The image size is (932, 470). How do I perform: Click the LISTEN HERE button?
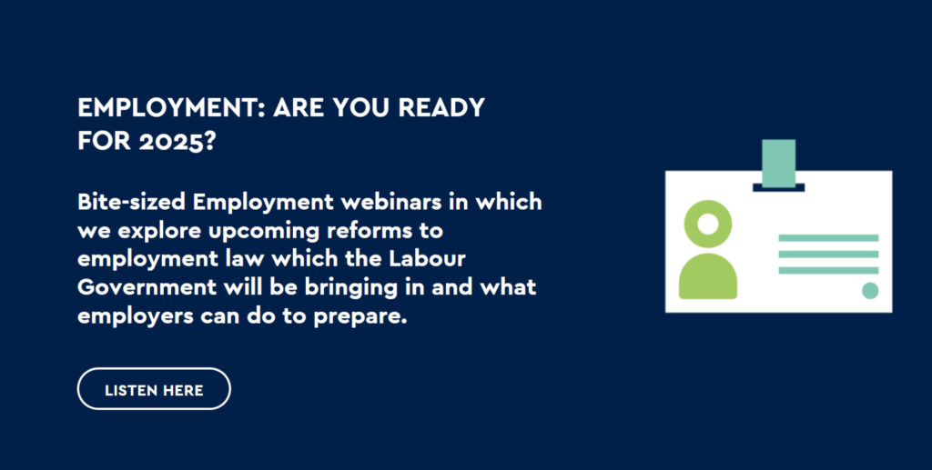coord(154,389)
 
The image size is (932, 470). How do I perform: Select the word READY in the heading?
coord(441,107)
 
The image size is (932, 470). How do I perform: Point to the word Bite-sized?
coord(131,202)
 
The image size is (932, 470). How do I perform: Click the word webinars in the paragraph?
coord(391,202)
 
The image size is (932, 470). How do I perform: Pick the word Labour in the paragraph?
coord(428,259)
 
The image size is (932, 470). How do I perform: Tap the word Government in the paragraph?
coord(147,287)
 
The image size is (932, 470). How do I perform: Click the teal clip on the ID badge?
coord(779,164)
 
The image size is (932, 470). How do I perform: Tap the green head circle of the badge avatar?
coord(708,224)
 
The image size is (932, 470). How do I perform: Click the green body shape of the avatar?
coord(708,276)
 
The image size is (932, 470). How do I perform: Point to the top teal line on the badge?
coord(828,238)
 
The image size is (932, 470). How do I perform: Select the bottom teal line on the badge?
coord(828,271)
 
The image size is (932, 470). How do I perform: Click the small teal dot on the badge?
coord(870,291)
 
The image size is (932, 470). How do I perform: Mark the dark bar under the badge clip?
coord(779,187)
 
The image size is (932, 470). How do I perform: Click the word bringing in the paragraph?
coord(350,288)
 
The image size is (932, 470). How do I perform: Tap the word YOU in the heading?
coord(360,107)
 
